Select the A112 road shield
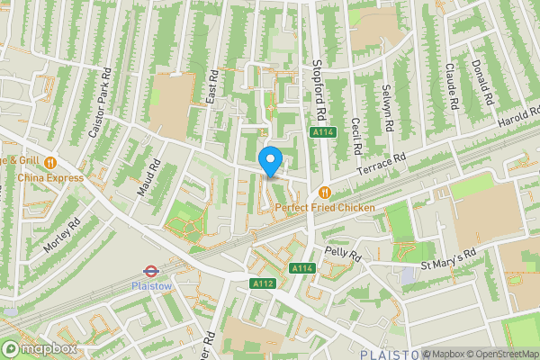tap(262, 283)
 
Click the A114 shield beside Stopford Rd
tap(324, 132)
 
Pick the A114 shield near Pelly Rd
tap(301, 268)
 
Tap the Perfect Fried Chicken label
tap(325, 208)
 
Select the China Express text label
tap(50, 177)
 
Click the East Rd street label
tap(212, 87)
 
